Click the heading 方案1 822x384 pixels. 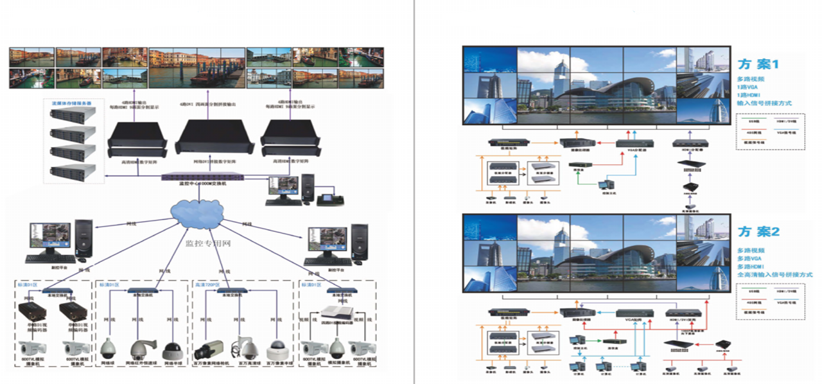click(x=758, y=64)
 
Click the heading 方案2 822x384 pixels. click(x=758, y=231)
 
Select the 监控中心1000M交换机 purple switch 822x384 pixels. click(x=196, y=177)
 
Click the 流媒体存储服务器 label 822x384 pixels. click(x=71, y=103)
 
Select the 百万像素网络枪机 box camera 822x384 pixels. click(x=208, y=350)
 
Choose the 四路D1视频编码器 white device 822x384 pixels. click(x=339, y=315)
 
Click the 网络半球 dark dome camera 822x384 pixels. click(x=173, y=351)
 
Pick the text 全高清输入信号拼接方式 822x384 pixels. click(x=774, y=275)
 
